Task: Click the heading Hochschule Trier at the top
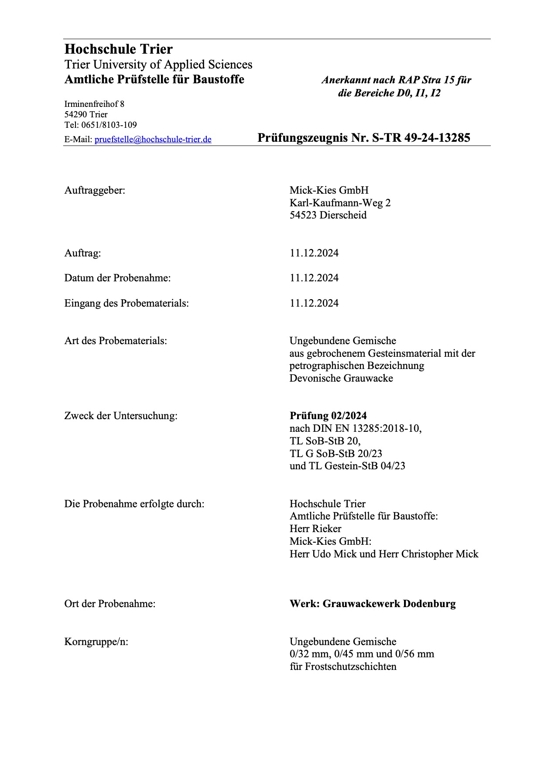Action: click(118, 49)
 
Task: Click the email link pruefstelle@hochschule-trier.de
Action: click(153, 140)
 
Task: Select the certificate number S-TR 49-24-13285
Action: click(421, 138)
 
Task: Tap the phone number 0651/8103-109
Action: click(109, 125)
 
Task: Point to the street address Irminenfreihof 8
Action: click(94, 104)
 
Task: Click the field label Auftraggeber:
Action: click(95, 190)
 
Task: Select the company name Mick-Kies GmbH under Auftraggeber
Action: click(329, 190)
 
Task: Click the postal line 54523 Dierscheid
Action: click(328, 215)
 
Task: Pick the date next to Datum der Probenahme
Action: click(314, 278)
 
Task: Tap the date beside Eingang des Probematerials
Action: click(314, 303)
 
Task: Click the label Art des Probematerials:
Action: click(116, 341)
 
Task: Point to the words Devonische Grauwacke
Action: click(341, 378)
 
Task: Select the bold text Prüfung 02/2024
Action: click(328, 416)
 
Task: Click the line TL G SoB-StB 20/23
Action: click(336, 454)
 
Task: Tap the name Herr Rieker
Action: click(315, 529)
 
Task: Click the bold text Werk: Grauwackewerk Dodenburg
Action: click(373, 604)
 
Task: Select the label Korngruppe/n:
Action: click(96, 642)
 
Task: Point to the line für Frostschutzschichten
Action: click(343, 666)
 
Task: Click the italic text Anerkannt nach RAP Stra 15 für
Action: click(396, 80)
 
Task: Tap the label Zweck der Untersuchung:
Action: click(121, 416)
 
